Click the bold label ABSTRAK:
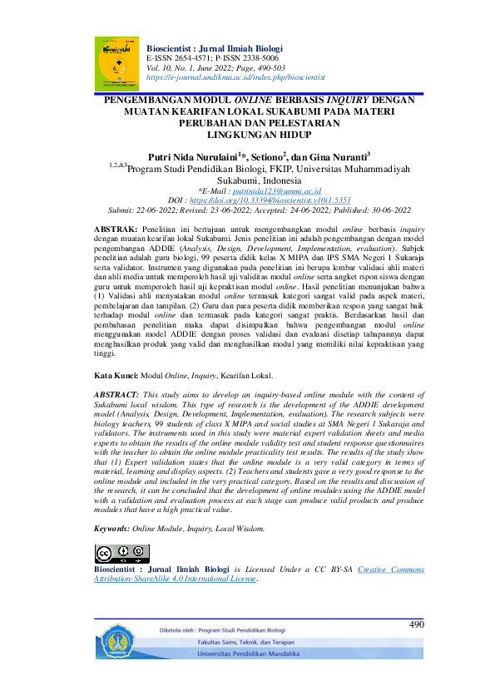click(x=115, y=228)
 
